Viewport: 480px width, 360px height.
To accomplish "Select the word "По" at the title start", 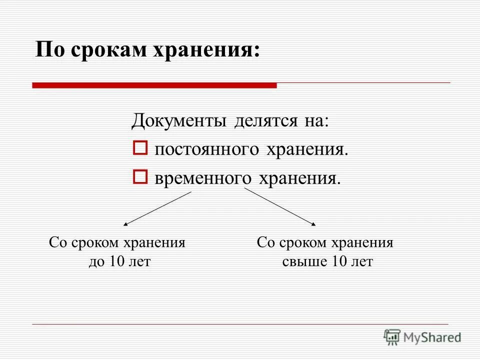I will point(48,50).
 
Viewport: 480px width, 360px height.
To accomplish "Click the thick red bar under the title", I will point(154,85).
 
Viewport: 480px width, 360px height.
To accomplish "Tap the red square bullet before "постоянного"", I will point(140,148).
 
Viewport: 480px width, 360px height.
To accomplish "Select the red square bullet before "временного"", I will point(140,176).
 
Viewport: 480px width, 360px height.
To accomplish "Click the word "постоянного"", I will point(205,149).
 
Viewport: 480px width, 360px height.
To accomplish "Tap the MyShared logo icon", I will point(392,336).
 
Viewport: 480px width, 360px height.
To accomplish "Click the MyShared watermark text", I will point(432,337).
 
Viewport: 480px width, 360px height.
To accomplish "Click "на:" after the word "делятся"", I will point(315,121).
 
